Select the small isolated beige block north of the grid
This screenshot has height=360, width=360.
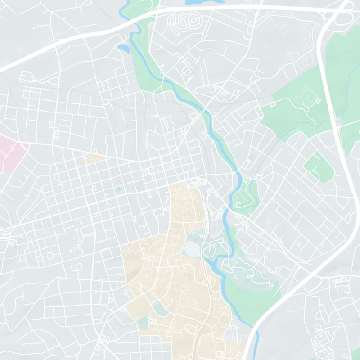pyautogui.click(x=94, y=158)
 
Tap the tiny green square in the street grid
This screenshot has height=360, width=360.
pyautogui.click(x=118, y=189)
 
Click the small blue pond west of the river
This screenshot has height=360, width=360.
pyautogui.click(x=122, y=47)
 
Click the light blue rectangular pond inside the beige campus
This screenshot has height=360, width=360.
pyautogui.click(x=160, y=308)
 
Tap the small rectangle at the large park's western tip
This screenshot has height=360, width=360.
pyautogui.click(x=272, y=104)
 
